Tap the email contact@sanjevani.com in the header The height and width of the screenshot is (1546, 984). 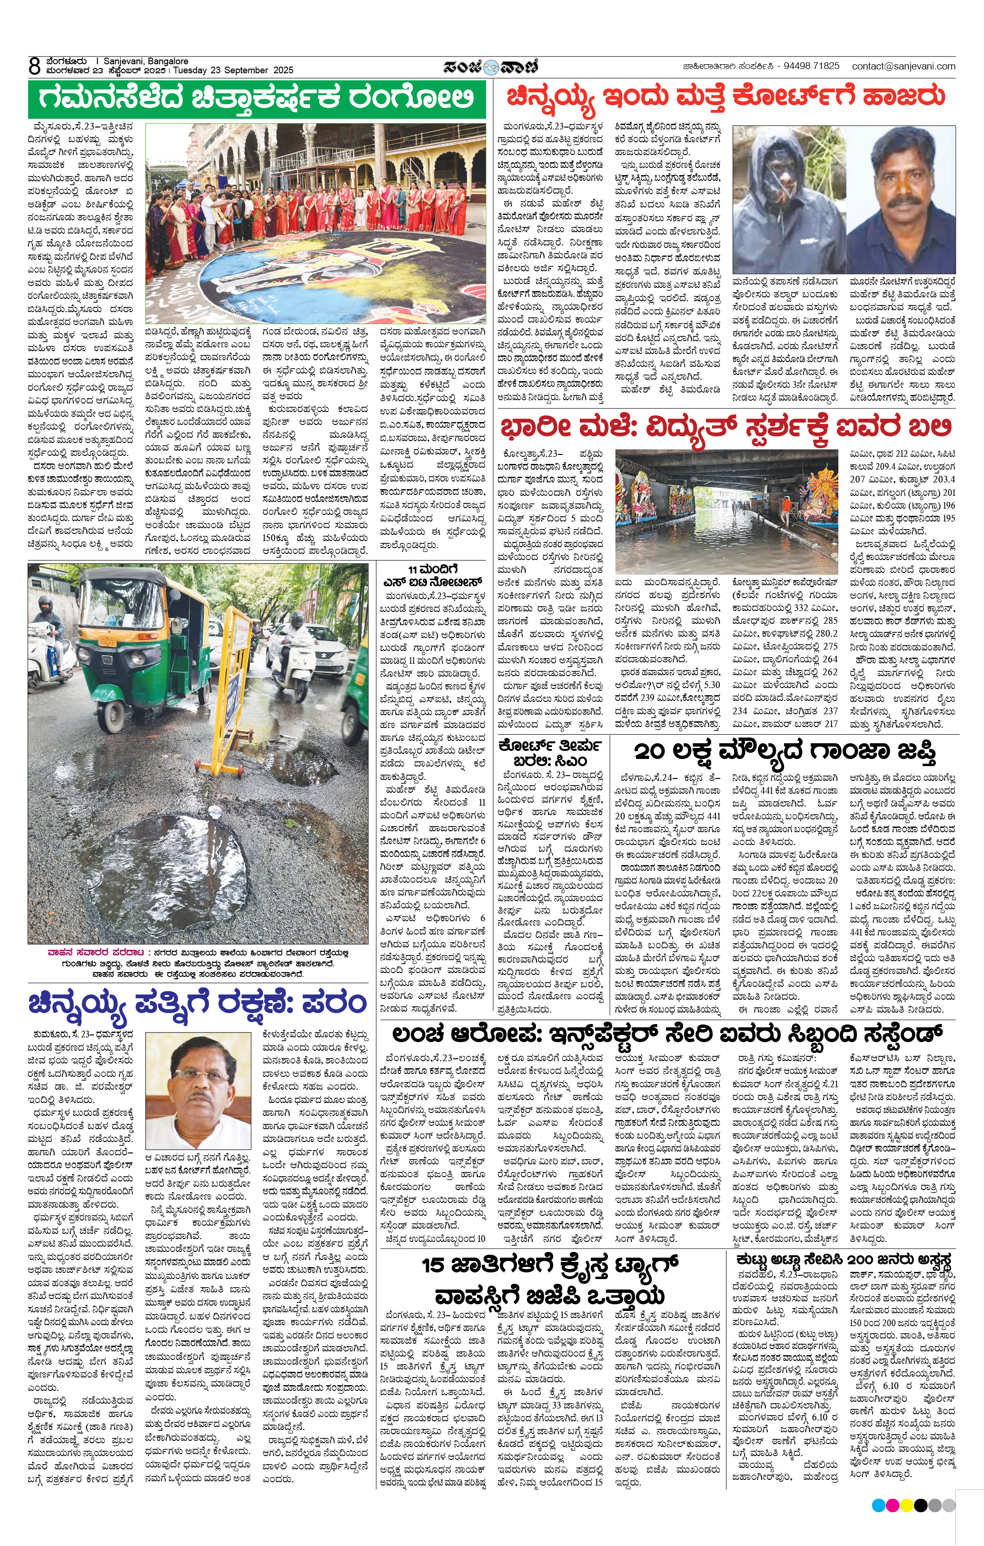coord(903,66)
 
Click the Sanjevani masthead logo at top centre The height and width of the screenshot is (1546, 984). coord(491,66)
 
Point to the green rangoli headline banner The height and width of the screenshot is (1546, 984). coord(257,99)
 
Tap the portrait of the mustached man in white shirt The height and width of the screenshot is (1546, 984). coord(901,200)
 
